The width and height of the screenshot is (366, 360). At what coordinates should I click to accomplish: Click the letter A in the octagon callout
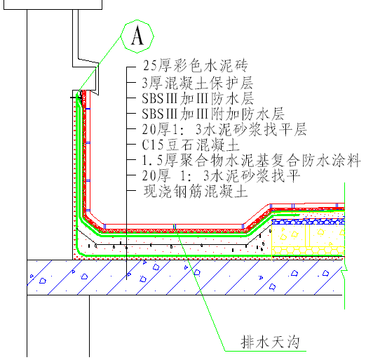137,36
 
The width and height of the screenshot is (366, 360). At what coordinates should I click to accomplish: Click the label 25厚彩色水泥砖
196,66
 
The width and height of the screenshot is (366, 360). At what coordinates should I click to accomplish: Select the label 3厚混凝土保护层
198,83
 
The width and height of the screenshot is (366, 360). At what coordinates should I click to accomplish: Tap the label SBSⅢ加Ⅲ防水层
198,98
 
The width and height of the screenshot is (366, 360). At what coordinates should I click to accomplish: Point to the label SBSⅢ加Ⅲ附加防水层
213,114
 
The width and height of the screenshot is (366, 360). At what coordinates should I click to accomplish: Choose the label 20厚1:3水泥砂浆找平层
224,129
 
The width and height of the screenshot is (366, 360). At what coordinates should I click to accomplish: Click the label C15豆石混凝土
191,145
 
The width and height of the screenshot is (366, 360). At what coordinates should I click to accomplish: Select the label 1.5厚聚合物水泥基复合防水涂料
252,161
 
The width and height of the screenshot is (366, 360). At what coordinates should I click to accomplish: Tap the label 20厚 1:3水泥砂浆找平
221,175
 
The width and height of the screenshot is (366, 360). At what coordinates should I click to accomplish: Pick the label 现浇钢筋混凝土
196,191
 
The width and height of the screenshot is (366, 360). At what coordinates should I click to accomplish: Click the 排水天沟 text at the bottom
270,342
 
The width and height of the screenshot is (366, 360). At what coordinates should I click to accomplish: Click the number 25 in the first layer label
149,66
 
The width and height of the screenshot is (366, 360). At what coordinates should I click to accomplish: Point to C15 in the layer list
153,145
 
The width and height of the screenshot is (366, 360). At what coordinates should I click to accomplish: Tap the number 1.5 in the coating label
152,161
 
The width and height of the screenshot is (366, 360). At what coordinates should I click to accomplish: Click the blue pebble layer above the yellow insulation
308,222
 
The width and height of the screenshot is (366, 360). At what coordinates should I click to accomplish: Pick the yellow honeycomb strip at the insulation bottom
308,251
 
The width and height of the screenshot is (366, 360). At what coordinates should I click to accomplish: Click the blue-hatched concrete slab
184,277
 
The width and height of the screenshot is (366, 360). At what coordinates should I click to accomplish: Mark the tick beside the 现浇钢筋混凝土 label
131,191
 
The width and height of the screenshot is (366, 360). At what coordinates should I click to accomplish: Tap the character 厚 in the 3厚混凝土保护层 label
156,83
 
